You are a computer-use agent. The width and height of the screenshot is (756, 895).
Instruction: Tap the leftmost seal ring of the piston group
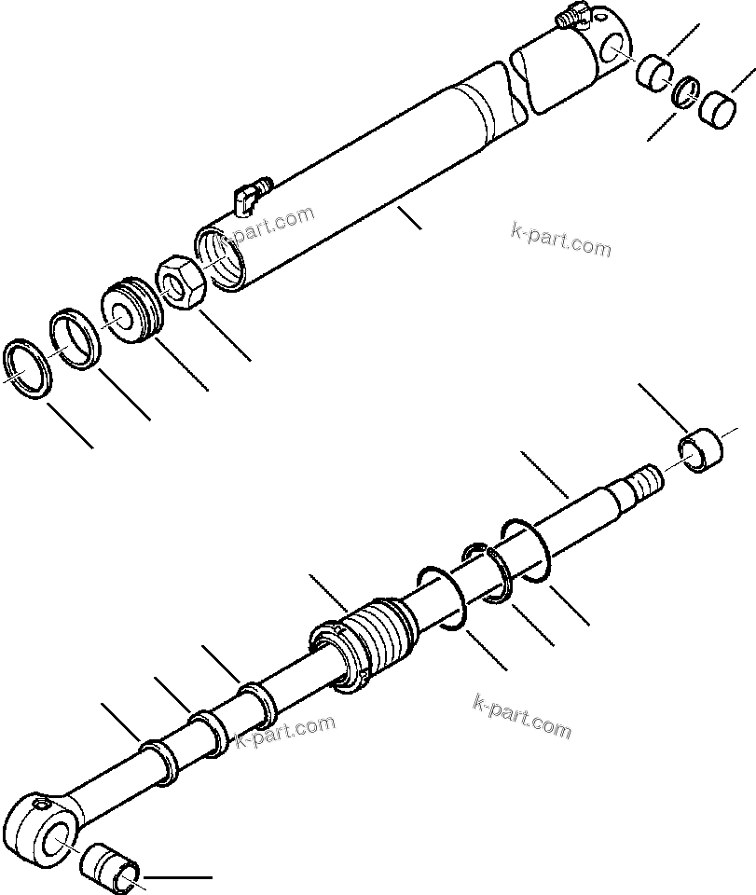(x=29, y=368)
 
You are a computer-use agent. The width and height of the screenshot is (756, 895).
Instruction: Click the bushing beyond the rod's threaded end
(x=701, y=449)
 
